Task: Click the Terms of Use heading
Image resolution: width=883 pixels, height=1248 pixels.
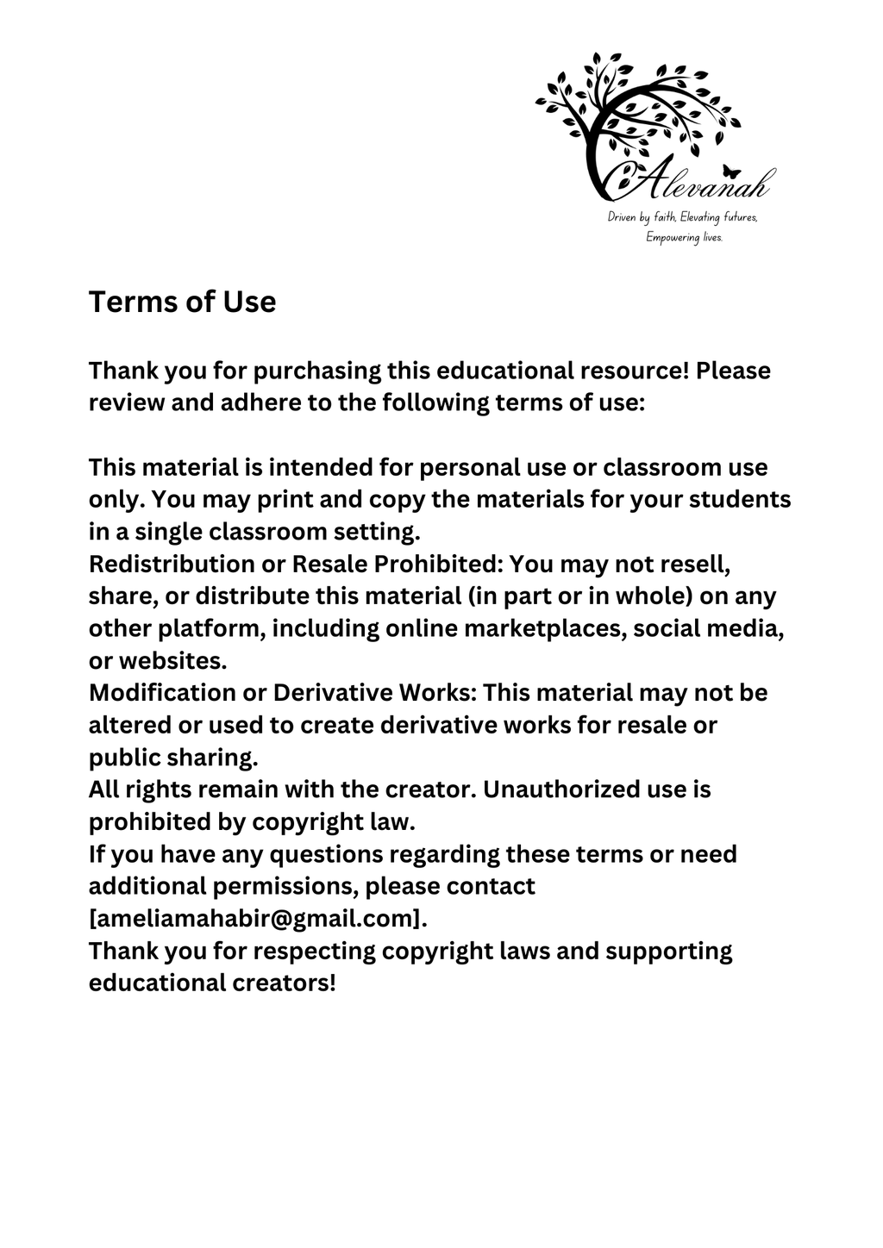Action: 182,302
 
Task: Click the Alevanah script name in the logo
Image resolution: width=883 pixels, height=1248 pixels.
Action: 698,183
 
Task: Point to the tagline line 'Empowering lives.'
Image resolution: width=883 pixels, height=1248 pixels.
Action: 684,237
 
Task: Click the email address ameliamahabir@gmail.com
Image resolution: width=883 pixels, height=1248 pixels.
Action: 258,919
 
